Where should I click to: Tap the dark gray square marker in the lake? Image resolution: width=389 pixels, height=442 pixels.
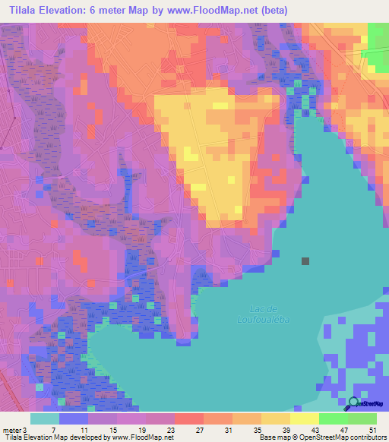point(305,261)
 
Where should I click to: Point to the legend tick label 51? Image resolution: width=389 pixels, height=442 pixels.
point(373,430)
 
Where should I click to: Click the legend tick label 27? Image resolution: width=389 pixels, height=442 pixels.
point(199,430)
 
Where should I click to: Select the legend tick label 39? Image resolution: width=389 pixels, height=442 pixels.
point(286,430)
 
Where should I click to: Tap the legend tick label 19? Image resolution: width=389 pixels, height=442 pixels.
point(142,430)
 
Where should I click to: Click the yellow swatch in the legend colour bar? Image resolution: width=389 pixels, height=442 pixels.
point(305,418)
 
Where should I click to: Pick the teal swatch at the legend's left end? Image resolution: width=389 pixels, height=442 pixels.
point(45,418)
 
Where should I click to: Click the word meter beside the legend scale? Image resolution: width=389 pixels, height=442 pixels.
point(11,430)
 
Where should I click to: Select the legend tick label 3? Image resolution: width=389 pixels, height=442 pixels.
point(25,430)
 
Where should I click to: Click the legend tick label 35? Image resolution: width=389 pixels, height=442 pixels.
point(258,430)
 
